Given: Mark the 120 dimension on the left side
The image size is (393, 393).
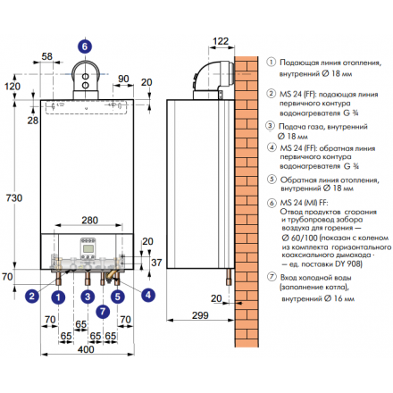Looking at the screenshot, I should (x=12, y=86).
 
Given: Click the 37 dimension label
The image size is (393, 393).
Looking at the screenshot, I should (x=157, y=262).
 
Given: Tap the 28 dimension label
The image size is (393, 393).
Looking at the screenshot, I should (x=32, y=119).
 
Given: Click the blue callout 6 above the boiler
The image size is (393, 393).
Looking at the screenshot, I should (x=84, y=44).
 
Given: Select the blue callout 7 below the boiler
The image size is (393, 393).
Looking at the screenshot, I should (x=103, y=311).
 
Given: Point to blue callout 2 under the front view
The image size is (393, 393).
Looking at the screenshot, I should (x=32, y=296).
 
